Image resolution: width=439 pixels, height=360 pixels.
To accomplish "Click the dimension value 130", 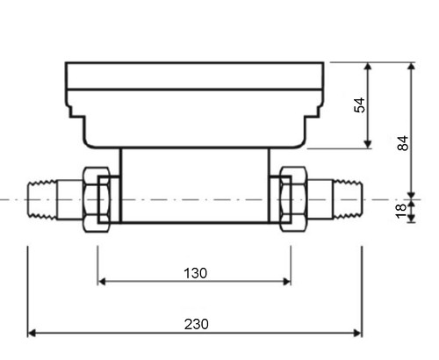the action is [195, 273].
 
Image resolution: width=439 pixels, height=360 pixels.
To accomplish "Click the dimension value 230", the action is [197, 324].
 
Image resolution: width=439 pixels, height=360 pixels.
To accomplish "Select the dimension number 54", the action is [360, 105].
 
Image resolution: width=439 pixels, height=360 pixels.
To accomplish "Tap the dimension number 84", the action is [403, 143].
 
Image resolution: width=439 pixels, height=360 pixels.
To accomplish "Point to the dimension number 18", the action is [401, 212].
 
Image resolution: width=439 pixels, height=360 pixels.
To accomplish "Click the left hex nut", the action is [97, 199].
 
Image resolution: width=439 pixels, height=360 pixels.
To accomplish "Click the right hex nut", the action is [293, 199].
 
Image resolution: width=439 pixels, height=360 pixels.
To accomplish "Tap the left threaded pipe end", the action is [42, 200].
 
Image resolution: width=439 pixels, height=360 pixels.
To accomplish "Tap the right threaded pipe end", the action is [349, 199].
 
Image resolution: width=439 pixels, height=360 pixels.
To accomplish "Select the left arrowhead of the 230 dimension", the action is [32, 333].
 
